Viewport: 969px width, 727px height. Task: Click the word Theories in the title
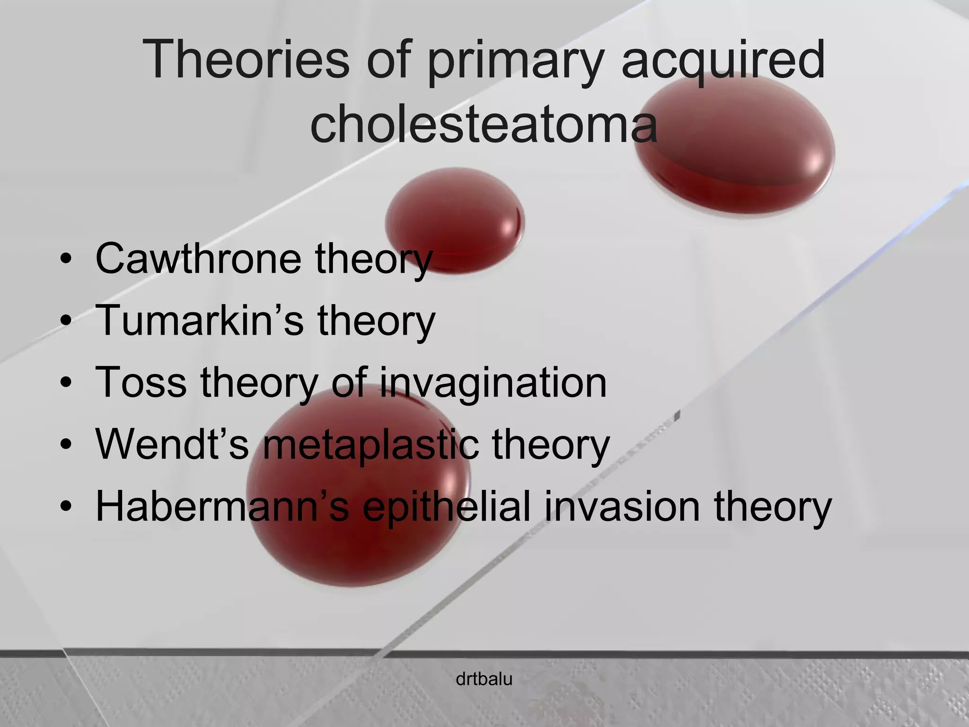coord(246,61)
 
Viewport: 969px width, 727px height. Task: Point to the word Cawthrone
coord(198,258)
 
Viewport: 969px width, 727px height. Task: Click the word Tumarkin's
coord(199,320)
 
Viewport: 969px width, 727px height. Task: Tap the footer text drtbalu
coord(484,680)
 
